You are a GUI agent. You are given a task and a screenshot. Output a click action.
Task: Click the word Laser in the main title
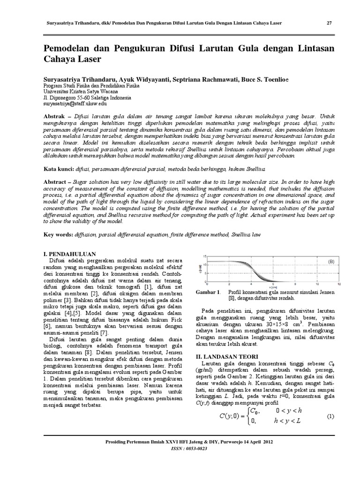[87, 60]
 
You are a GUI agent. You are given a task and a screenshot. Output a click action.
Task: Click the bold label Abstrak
[55, 115]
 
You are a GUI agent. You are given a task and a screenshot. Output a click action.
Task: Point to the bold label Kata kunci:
[59, 168]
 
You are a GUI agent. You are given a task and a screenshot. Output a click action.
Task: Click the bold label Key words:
[59, 233]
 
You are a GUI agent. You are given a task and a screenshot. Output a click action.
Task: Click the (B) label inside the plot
[331, 261]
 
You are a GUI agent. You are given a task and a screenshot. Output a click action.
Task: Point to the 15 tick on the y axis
[205, 256]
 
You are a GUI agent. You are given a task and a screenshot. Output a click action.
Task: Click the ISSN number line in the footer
[180, 448]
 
